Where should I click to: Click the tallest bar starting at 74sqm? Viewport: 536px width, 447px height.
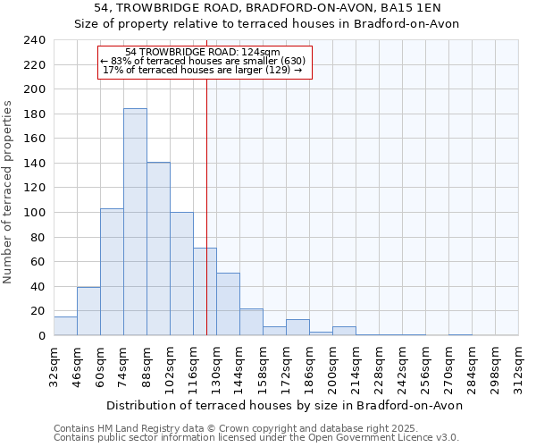coord(135,222)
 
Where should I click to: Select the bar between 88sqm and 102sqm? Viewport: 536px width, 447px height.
coord(158,249)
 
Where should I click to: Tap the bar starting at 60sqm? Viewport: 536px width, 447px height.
coord(112,272)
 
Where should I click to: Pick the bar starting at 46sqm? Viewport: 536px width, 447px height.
coord(88,311)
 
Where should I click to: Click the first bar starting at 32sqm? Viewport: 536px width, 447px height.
coord(65,326)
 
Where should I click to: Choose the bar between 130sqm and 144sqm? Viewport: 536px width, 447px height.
coord(228,304)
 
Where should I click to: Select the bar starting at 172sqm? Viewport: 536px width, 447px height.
coord(297,327)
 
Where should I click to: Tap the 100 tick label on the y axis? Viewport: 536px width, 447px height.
coord(34,213)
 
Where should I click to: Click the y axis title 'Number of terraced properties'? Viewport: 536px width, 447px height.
coord(8,192)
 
